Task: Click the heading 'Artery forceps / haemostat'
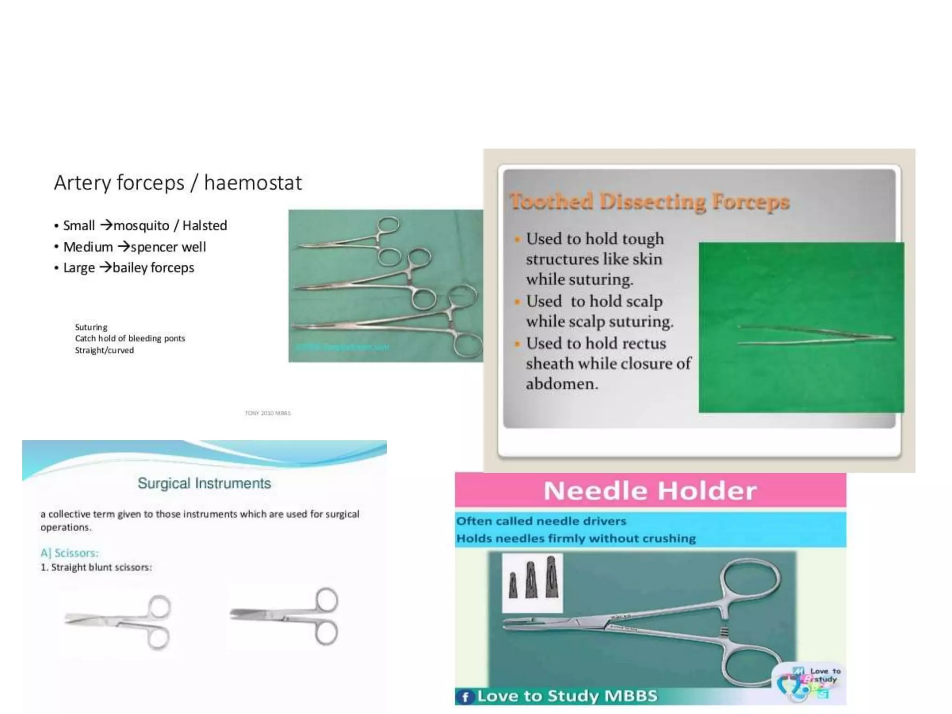178,183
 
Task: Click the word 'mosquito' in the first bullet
141,226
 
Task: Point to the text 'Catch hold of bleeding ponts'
130,338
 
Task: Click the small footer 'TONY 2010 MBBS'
268,413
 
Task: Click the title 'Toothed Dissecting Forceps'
649,202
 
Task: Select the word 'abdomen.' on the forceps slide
562,384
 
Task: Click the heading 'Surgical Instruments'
204,483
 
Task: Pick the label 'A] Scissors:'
69,553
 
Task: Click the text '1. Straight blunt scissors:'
96,567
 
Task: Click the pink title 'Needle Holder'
650,491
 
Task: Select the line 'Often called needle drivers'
541,521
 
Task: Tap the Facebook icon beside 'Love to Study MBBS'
464,697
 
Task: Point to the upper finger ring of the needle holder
750,581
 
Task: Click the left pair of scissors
119,621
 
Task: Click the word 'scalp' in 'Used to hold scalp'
644,302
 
